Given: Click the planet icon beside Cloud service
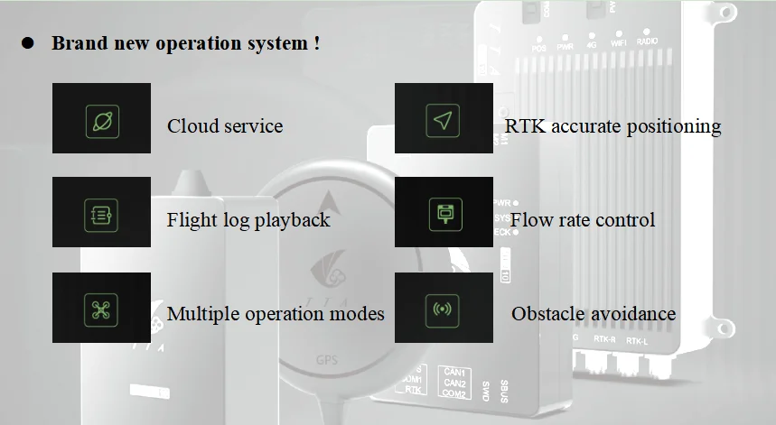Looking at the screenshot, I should (102, 121).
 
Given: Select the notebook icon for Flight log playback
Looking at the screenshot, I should (102, 215).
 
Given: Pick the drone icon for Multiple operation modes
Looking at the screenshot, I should (102, 310).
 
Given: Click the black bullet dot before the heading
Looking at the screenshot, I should (27, 43).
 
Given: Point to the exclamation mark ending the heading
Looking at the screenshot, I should (317, 43).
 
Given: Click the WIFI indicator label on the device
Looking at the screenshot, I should (619, 42).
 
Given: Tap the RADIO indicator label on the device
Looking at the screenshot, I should (647, 42).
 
